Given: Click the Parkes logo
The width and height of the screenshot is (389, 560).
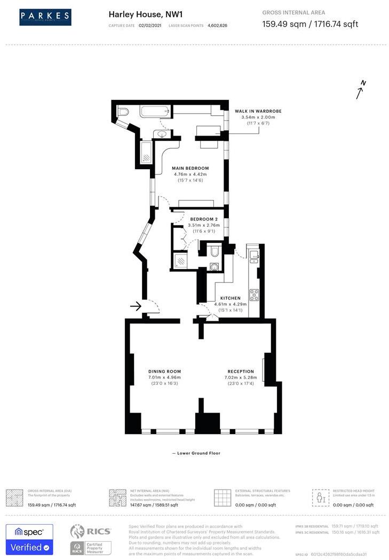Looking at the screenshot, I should point(45,17).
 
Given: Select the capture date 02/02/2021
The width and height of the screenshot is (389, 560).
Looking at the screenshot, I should point(149,25).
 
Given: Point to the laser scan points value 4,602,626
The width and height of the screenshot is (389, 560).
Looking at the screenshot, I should point(217,25).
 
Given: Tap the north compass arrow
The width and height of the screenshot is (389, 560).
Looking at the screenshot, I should point(361,90).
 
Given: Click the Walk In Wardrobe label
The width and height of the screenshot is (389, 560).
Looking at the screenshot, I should point(258,111).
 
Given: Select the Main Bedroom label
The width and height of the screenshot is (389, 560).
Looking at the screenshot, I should point(190,168).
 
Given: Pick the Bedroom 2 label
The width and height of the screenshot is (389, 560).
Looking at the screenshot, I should point(203,219).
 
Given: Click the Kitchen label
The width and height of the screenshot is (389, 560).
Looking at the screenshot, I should point(231,298).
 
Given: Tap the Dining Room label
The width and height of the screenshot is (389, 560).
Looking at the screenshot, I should point(164,372).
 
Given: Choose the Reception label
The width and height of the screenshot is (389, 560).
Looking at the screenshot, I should point(241,372).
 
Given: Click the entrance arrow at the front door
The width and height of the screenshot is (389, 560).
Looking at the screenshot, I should point(136,306).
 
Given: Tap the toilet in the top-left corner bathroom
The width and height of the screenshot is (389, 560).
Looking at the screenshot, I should point(123,112).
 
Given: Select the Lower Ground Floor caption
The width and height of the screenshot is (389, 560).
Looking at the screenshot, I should point(196,453).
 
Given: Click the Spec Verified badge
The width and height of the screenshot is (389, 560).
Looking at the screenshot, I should point(29,539).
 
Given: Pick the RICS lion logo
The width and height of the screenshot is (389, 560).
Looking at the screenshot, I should point(78,532).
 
